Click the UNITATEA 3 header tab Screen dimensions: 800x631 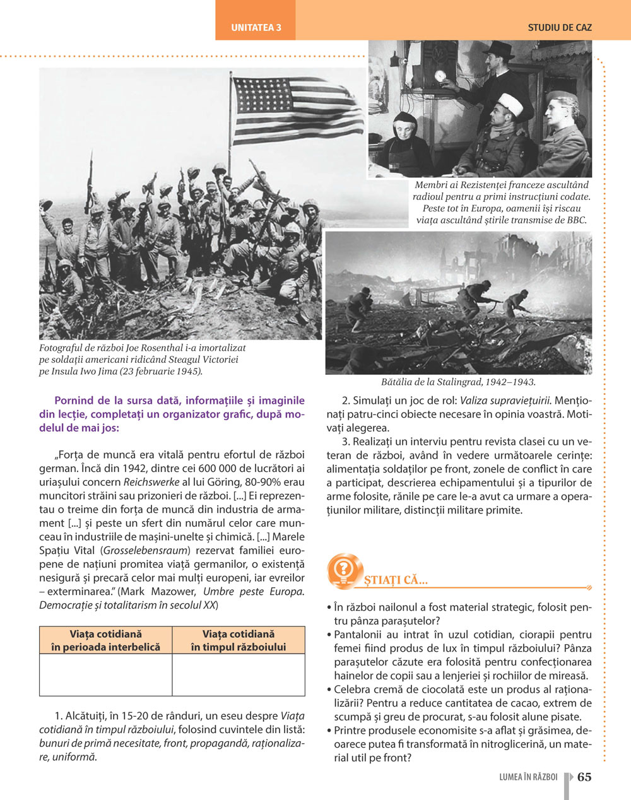pyautogui.click(x=256, y=28)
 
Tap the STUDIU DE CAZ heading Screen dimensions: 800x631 pyautogui.click(x=560, y=28)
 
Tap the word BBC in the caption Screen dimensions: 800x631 pyautogui.click(x=576, y=220)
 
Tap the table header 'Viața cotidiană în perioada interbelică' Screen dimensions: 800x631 pyautogui.click(x=105, y=640)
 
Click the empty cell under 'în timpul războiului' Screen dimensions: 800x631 pyautogui.click(x=238, y=674)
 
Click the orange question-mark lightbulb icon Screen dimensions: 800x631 pyautogui.click(x=345, y=572)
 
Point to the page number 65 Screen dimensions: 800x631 pyautogui.click(x=584, y=777)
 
